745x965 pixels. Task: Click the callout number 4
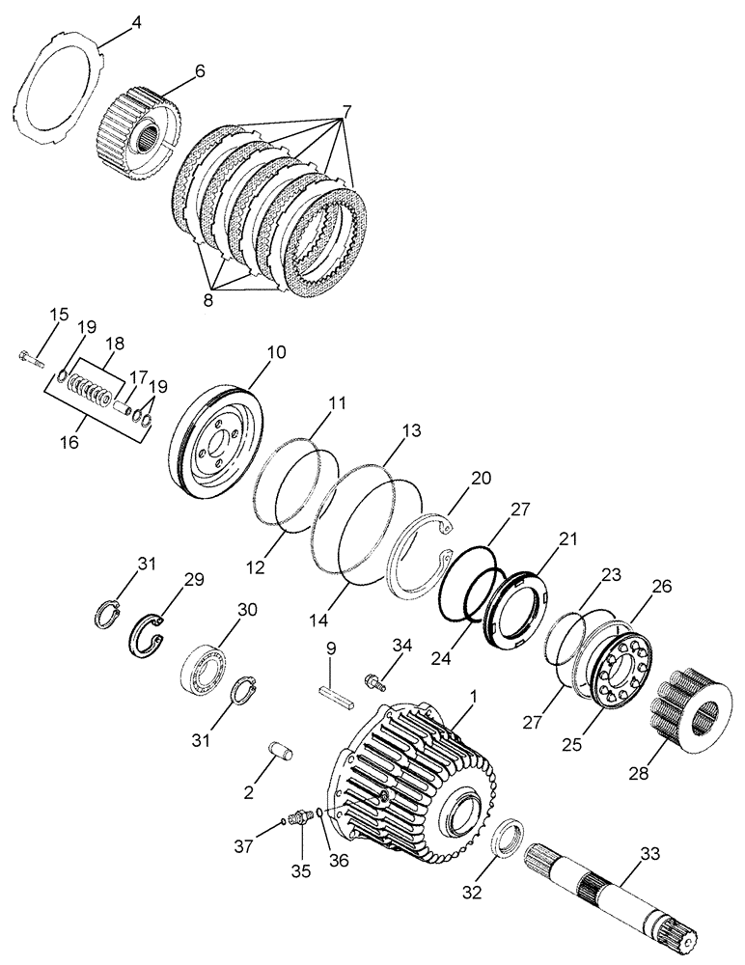(x=135, y=21)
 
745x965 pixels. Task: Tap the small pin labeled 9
(x=332, y=695)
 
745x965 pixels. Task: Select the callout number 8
(x=209, y=299)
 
